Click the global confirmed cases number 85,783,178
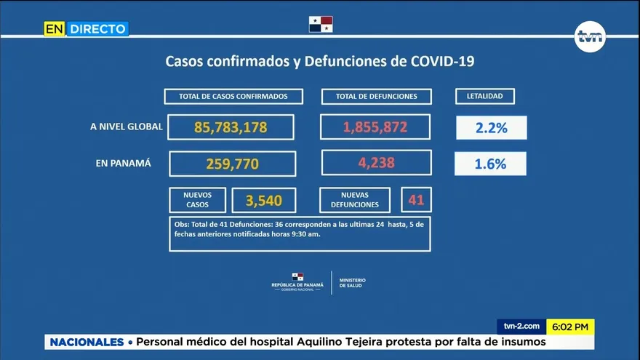[231, 127]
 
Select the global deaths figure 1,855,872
[375, 127]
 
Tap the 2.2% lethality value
[491, 128]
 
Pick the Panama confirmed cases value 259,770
[232, 164]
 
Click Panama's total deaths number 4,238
[376, 163]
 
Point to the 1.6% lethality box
[490, 164]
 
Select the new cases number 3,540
[263, 200]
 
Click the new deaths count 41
[416, 199]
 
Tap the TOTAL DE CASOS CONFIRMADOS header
[233, 96]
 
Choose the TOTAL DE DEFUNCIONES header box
[376, 96]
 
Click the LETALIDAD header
[485, 96]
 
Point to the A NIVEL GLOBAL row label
[127, 127]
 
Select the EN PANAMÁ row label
[124, 163]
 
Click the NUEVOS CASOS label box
[197, 200]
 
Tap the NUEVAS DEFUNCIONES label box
[356, 200]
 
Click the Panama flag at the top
[320, 24]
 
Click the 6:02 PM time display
[570, 327]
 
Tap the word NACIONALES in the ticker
[87, 342]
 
